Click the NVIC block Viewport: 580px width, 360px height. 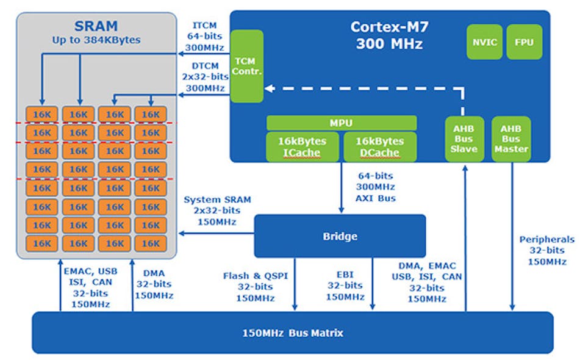click(484, 42)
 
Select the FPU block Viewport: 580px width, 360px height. click(524, 42)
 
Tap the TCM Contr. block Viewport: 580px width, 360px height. click(246, 66)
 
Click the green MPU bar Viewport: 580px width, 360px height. click(342, 123)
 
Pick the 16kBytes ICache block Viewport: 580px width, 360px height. click(302, 146)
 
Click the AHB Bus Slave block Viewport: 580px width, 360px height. click(465, 139)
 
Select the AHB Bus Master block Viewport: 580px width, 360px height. click(511, 139)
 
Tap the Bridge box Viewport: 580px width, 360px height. click(340, 236)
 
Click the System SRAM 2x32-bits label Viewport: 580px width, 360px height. click(209, 211)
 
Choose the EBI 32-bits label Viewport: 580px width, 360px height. click(345, 286)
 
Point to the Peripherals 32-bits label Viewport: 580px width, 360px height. click(546, 250)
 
